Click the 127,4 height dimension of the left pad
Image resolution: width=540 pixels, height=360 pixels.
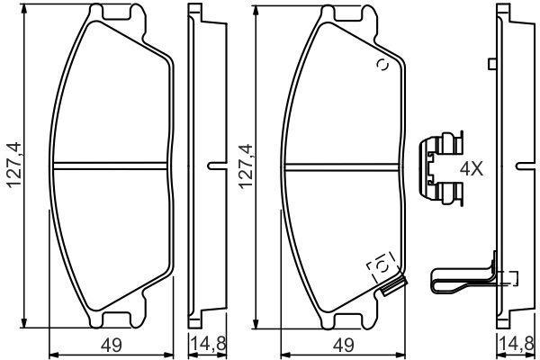[15, 166]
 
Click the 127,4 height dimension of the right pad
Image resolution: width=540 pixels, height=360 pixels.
[247, 166]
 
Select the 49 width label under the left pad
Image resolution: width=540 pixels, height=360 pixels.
[112, 345]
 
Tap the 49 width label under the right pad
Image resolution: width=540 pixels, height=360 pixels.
[343, 345]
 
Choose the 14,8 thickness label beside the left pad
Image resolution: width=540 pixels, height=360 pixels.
[208, 345]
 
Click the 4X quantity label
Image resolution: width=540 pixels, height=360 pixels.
[472, 169]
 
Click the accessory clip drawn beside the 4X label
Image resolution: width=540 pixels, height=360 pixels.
[440, 168]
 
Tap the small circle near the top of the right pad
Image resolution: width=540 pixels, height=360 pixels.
[382, 65]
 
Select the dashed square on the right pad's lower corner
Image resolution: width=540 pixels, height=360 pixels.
[382, 266]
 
